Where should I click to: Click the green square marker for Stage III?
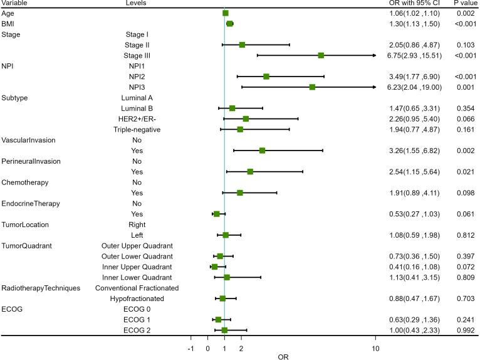click(x=321, y=55)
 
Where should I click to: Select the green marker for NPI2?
click(x=266, y=77)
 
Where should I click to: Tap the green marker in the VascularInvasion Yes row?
click(x=262, y=151)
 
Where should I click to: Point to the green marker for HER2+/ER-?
click(x=246, y=119)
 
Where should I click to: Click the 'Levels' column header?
click(x=137, y=3)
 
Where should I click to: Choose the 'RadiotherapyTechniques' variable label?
click(x=41, y=288)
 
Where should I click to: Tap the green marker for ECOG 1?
click(x=218, y=319)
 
